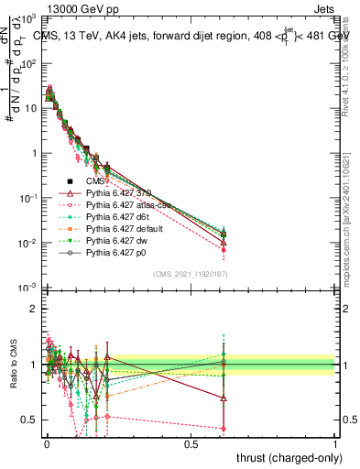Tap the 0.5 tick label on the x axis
coord(191,444)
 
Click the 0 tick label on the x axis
coord(47,444)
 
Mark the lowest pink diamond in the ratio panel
coord(224,428)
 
